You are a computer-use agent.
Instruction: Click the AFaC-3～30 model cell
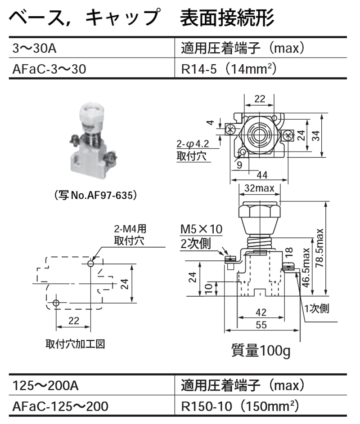[x=49, y=69]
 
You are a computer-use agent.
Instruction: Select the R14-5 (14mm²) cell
[x=229, y=69]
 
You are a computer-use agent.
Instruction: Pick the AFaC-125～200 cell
[x=60, y=406]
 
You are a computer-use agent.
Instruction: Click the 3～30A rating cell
[x=34, y=49]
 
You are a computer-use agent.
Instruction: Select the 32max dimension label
[x=259, y=188]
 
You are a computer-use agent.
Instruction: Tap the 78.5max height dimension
[x=319, y=248]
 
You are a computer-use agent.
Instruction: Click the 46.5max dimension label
[x=306, y=268]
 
